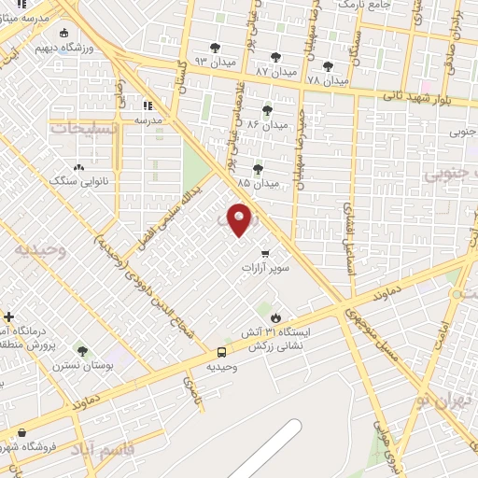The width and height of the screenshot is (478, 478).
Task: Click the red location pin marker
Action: coord(240,219)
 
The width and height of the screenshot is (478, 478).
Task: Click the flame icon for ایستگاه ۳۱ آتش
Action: coord(274,317)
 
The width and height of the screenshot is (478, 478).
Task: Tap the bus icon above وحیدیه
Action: coord(221,352)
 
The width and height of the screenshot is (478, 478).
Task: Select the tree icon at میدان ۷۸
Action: coord(327,65)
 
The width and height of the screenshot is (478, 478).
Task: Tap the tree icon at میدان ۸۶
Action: coord(267,109)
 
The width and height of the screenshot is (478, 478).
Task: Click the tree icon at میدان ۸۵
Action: coord(258,168)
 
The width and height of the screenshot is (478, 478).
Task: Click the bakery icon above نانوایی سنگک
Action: coord(80,166)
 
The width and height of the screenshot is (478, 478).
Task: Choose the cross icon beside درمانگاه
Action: coord(8,317)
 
